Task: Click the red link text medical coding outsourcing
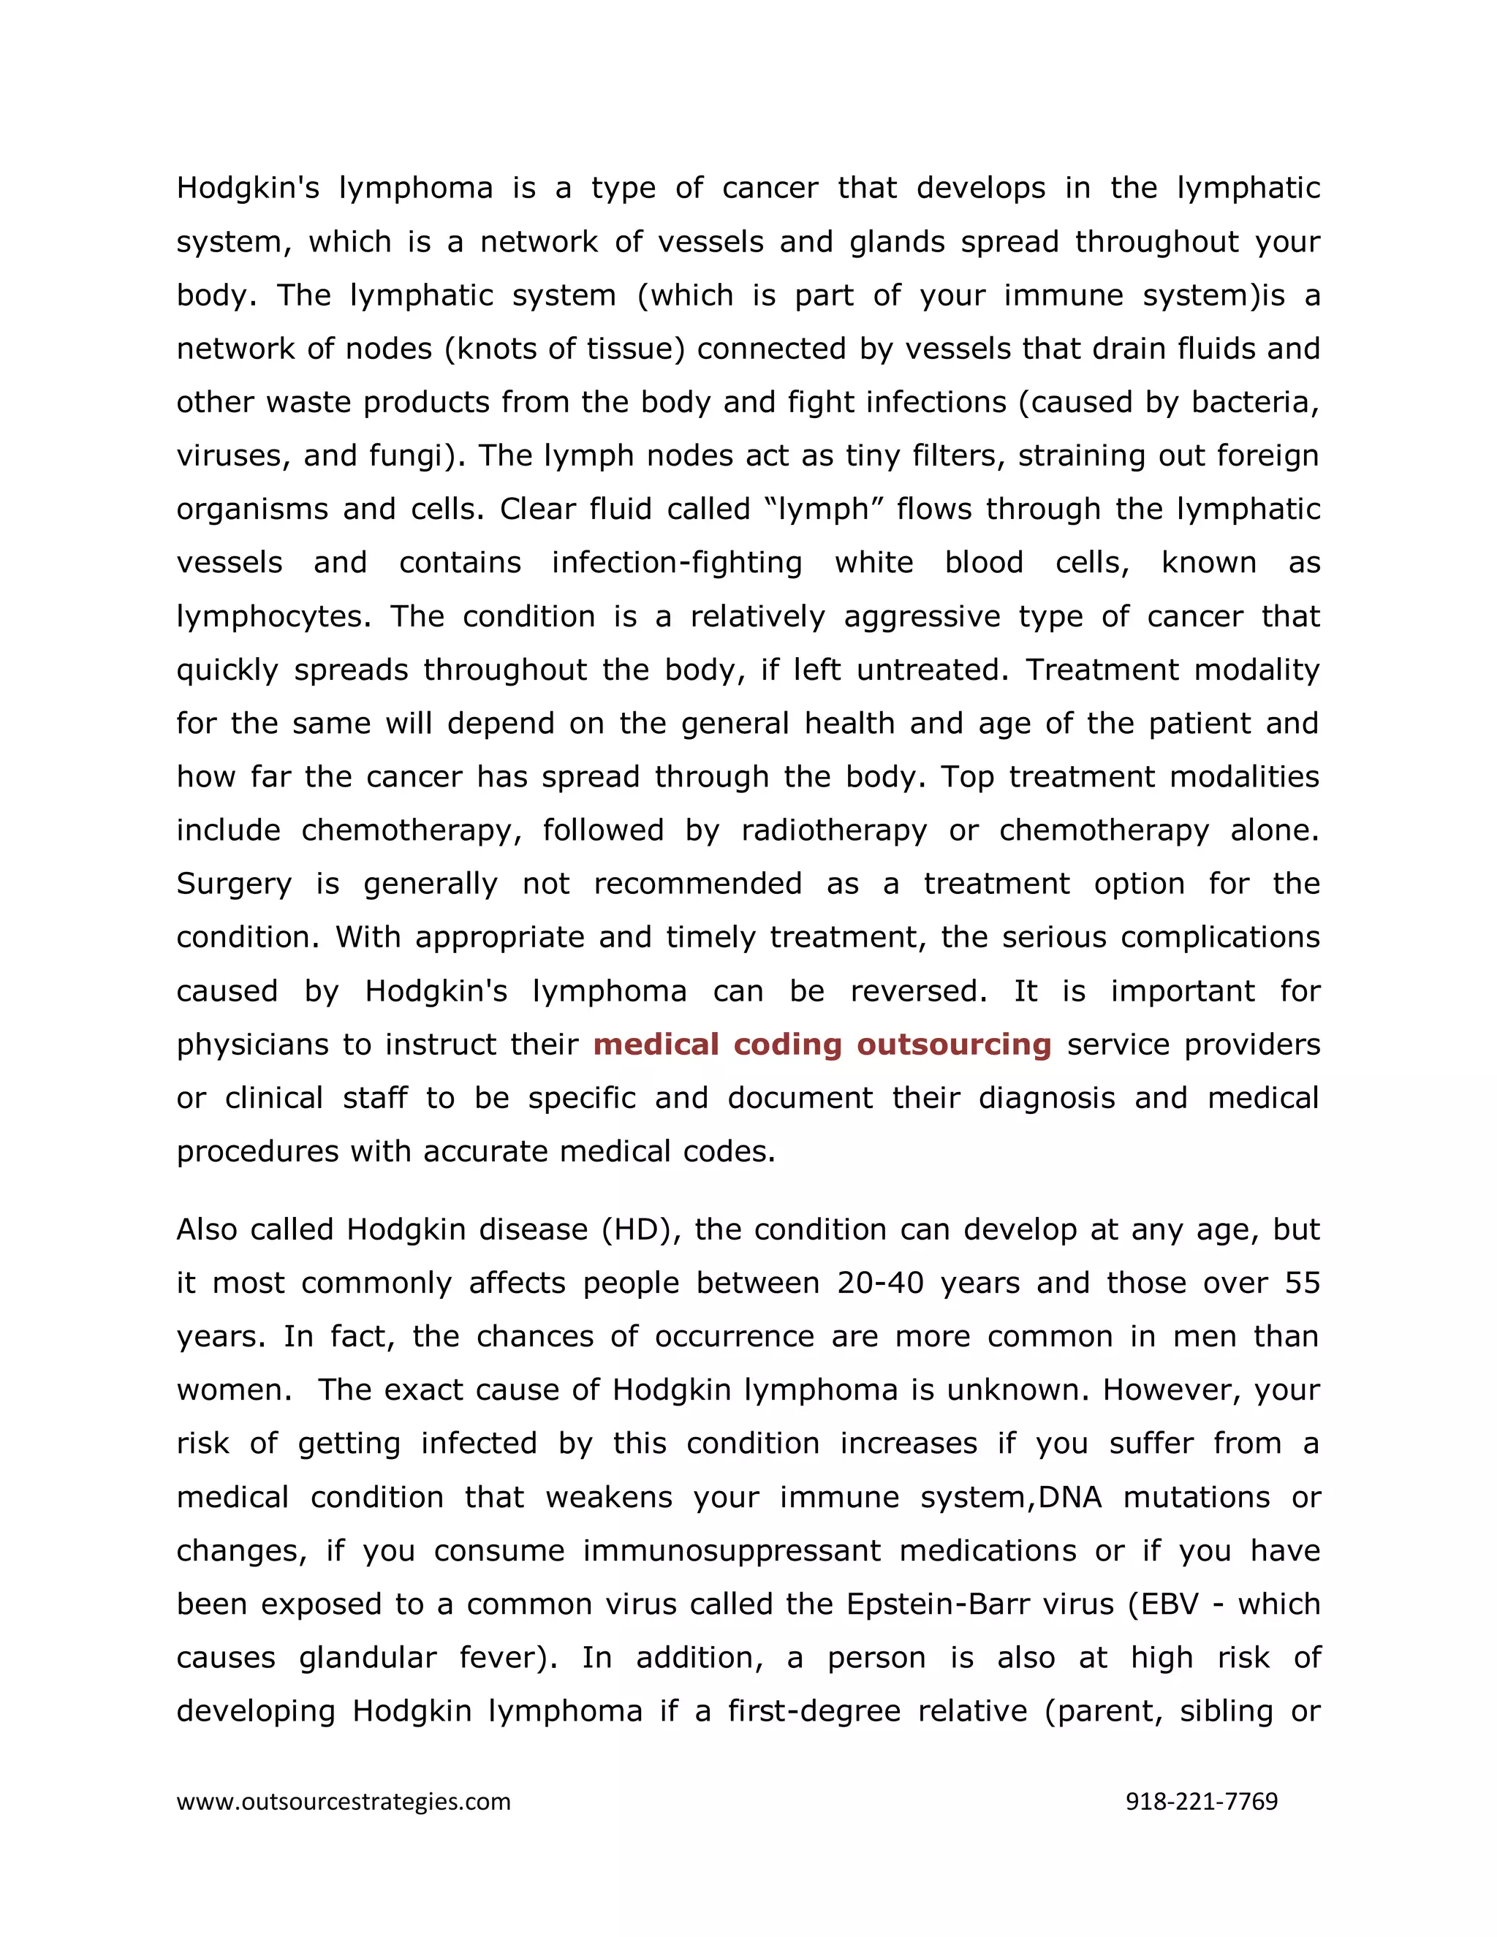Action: click(822, 1044)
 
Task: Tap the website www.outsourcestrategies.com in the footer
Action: click(344, 1801)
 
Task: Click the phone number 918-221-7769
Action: click(1201, 1801)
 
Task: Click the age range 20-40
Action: click(880, 1283)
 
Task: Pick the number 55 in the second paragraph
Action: click(1302, 1283)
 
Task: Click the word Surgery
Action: click(233, 884)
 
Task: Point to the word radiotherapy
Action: click(833, 830)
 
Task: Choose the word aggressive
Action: click(922, 616)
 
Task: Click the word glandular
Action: click(367, 1657)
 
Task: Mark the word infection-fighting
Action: click(677, 562)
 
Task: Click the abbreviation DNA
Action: click(1069, 1497)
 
